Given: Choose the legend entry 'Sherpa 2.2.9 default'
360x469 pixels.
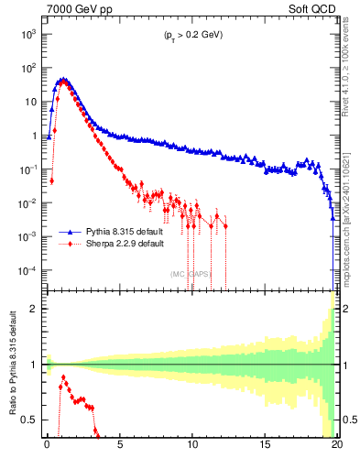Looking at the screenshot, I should tap(120, 245).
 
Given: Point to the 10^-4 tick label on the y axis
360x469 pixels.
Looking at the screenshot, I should tap(28, 271).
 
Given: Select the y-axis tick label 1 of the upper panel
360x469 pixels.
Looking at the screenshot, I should tap(35, 136).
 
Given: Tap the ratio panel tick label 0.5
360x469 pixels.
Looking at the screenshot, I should tap(30, 420).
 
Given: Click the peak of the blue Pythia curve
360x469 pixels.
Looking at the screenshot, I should tap(62, 79).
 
